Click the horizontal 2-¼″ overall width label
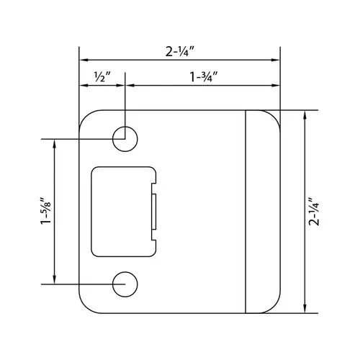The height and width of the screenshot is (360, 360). [x=179, y=51]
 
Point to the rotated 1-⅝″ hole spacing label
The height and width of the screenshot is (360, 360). [x=45, y=212]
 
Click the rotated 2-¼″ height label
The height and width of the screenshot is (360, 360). [x=314, y=212]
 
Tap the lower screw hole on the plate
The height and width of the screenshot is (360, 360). [x=125, y=284]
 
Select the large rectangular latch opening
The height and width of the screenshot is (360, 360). [x=121, y=211]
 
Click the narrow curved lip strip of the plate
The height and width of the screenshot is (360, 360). [x=262, y=212]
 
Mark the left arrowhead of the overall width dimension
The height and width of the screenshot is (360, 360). [x=82, y=59]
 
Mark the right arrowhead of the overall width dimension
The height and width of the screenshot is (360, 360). [x=276, y=59]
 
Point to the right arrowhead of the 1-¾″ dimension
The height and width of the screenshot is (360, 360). [x=276, y=85]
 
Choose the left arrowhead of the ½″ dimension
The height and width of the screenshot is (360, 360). [x=82, y=85]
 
